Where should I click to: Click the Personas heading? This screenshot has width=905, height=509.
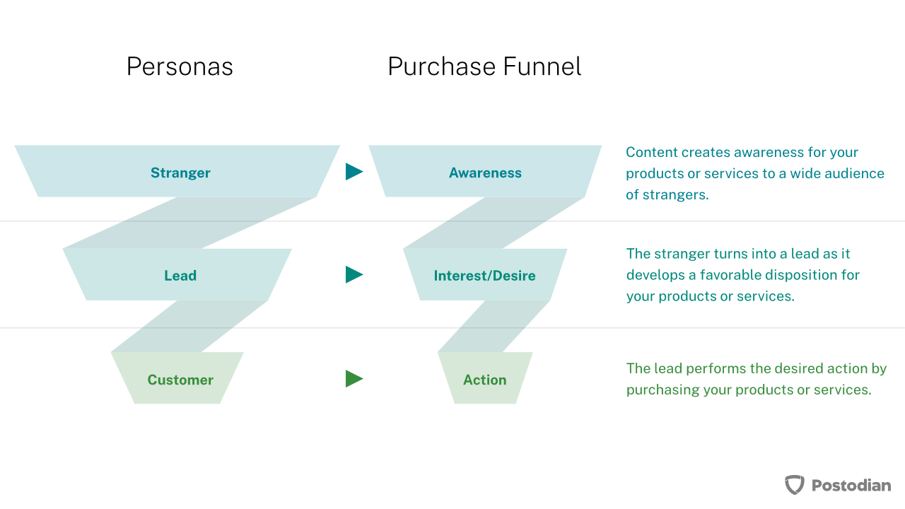tap(180, 66)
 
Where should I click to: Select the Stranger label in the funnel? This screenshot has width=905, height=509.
tap(180, 173)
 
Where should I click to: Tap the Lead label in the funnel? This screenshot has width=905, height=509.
tap(180, 276)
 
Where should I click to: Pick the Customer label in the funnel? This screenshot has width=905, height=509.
tap(180, 380)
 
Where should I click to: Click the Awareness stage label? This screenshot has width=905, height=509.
tap(485, 173)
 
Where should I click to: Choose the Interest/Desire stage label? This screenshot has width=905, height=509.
tap(485, 276)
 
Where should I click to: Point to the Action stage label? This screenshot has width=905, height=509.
tap(485, 380)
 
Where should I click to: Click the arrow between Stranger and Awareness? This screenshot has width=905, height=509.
tap(354, 172)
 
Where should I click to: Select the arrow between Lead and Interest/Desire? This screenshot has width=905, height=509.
tap(354, 275)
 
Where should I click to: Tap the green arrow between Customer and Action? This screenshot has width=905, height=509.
tap(354, 379)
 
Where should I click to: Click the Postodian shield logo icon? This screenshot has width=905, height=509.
tap(794, 485)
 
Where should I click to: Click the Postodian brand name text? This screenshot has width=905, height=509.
tap(851, 485)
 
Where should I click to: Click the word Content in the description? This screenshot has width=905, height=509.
tap(652, 152)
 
